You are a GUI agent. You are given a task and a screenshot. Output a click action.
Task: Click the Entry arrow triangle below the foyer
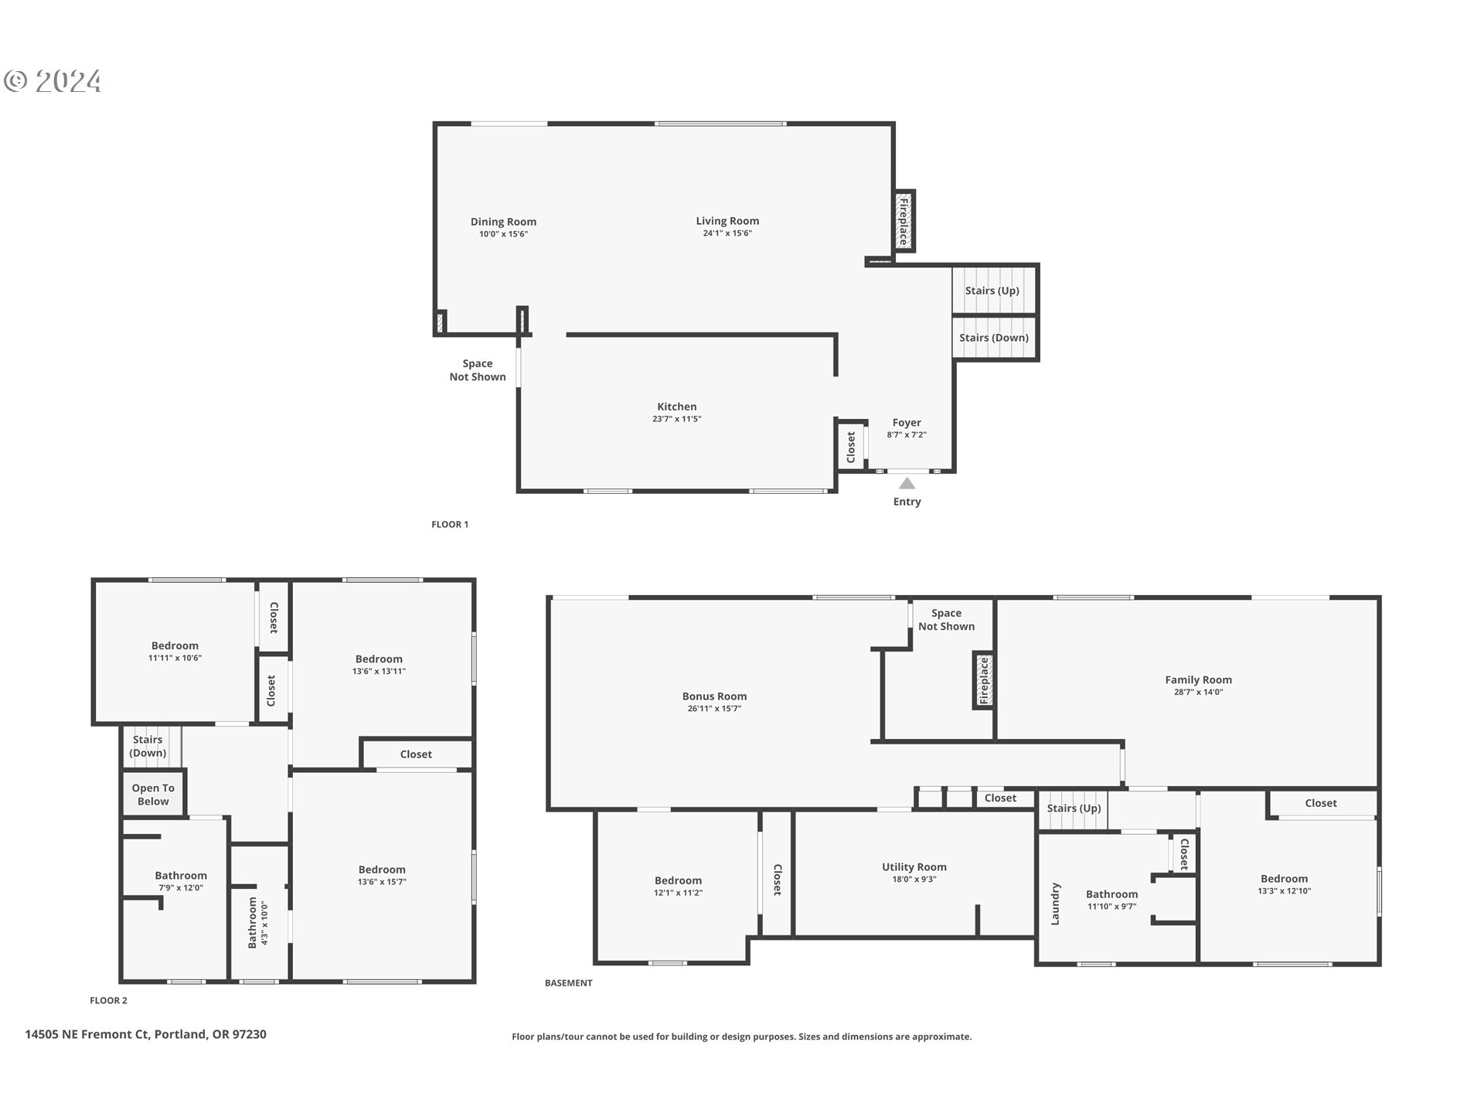(907, 484)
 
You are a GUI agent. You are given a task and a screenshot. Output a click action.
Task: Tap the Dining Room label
(503, 222)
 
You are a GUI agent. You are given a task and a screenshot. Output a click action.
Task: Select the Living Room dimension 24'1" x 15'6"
(727, 233)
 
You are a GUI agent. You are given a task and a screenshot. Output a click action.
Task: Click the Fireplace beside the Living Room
(903, 221)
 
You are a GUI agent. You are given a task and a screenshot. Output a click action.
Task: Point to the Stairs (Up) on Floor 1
(992, 291)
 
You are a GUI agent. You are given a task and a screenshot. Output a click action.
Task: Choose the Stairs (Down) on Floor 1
(993, 338)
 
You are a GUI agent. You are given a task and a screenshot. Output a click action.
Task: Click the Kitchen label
(676, 407)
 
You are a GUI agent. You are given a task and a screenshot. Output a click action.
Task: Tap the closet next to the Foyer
(851, 447)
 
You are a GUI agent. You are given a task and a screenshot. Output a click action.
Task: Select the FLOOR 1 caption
(450, 524)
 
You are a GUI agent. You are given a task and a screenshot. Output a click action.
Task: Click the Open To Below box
(153, 795)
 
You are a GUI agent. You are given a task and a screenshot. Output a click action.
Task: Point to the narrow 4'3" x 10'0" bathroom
(258, 922)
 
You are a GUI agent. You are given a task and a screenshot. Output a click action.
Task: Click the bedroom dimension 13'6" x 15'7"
(382, 882)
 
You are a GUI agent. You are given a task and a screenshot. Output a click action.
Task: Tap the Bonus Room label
(714, 696)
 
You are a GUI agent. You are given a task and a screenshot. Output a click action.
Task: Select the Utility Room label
(914, 867)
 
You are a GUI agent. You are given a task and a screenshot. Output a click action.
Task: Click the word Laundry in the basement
(1056, 904)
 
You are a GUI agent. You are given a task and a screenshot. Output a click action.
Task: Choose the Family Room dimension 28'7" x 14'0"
(1198, 693)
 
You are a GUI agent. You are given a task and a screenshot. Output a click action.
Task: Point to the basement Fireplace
(984, 681)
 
